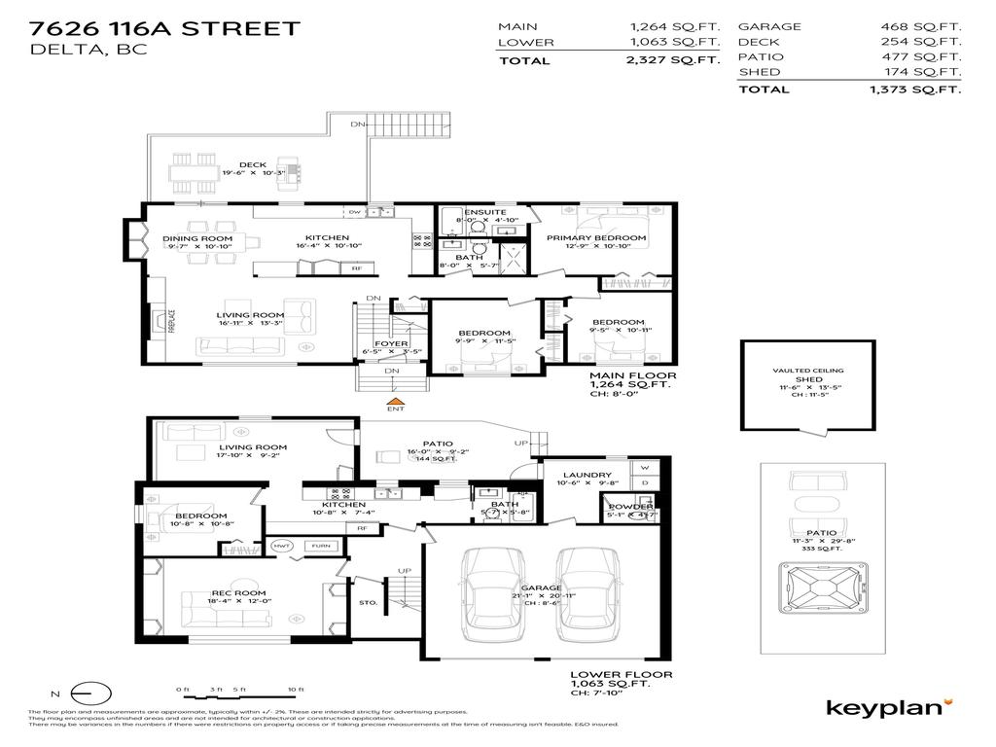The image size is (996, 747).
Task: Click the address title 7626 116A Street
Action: [x=164, y=28]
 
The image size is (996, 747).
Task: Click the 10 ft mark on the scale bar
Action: [x=291, y=690]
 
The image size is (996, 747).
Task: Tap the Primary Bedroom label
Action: [x=595, y=238]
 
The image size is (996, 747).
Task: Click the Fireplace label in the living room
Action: [x=172, y=321]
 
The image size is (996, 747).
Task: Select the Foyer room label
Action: [x=391, y=342]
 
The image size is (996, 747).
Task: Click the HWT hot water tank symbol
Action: [x=282, y=547]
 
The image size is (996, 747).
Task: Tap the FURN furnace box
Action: [x=320, y=547]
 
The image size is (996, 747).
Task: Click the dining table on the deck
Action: [x=192, y=176]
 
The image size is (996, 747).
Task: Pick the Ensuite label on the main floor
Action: [x=484, y=211]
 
